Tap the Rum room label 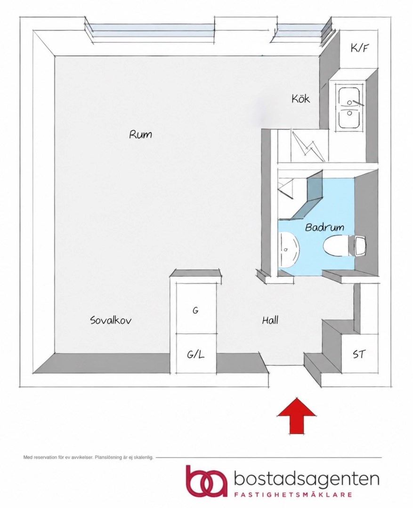point(140,134)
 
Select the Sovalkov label point(111,320)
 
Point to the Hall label point(270,320)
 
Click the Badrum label point(324,227)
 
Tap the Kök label point(300,98)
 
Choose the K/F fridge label point(360,48)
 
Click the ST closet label point(359,354)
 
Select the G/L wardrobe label point(195,355)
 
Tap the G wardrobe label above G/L point(195,310)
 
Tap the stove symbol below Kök point(308,145)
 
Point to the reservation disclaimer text point(88,458)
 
